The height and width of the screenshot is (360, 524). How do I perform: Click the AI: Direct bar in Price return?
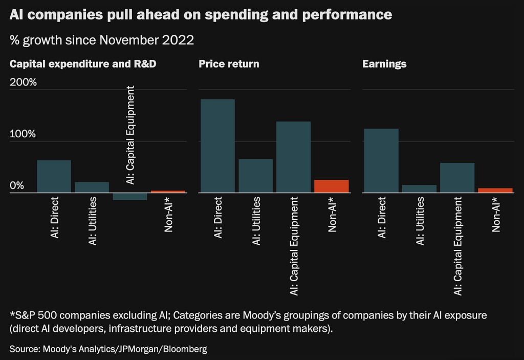coord(217,146)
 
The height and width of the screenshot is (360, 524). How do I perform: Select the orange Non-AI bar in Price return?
coord(331,186)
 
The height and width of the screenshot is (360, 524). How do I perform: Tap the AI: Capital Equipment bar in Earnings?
coord(457,178)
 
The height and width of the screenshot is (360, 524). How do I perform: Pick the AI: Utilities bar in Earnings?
coord(419,189)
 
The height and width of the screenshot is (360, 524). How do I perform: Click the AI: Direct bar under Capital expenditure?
coord(54,177)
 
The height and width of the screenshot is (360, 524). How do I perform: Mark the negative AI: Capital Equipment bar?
coord(129,197)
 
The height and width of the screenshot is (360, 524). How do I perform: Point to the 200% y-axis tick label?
coord(24,82)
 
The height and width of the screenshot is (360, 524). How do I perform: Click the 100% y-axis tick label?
coord(24,134)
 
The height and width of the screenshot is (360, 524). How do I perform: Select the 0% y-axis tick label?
coord(17,186)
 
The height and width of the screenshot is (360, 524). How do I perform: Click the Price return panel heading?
coord(229,64)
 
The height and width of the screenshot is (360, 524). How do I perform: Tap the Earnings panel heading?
coord(384,64)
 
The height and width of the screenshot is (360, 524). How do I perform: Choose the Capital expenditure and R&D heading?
coord(83,64)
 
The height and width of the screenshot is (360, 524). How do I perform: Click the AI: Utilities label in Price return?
coord(256,221)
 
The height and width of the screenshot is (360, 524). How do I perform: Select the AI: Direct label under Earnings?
coord(381,218)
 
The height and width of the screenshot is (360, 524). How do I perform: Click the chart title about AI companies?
coord(201,15)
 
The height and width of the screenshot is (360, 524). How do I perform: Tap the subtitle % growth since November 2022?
coord(102,40)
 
